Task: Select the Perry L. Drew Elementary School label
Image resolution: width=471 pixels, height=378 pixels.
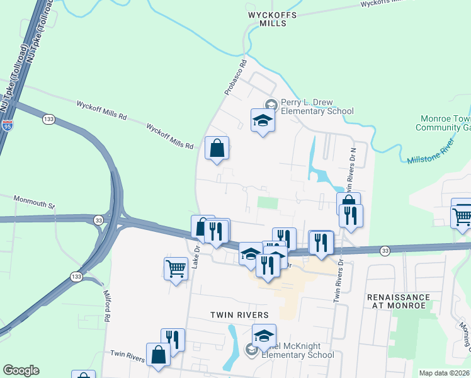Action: (x=317, y=106)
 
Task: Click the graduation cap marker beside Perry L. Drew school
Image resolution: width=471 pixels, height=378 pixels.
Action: (x=263, y=120)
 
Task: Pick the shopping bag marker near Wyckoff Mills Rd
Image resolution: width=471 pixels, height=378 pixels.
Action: (x=216, y=149)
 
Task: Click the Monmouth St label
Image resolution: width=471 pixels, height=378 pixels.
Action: (x=35, y=201)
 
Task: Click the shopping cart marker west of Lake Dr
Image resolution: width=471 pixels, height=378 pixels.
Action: (x=176, y=268)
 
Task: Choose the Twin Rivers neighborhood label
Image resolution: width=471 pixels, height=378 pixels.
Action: (x=240, y=314)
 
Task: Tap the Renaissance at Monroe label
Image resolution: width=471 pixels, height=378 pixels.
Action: (x=399, y=301)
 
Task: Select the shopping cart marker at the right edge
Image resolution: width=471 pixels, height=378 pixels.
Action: (x=462, y=215)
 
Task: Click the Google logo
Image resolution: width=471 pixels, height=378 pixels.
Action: (x=21, y=370)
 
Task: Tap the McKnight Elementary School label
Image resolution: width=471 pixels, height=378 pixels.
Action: (x=293, y=350)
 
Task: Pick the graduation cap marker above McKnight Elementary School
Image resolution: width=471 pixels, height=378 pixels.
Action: (x=264, y=335)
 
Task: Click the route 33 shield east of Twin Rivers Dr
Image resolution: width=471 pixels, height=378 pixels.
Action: (x=384, y=251)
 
